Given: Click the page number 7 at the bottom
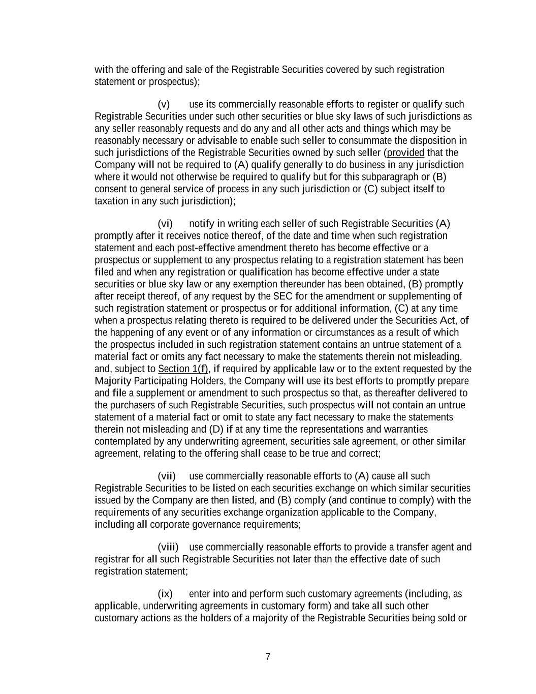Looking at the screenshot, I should click(x=268, y=656).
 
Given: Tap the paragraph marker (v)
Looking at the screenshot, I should click(x=164, y=104).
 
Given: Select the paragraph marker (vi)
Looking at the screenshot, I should click(x=165, y=224).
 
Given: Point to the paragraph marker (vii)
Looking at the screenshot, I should click(x=167, y=476).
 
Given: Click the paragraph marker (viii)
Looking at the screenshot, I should click(x=168, y=547).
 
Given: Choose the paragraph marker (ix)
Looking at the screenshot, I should click(x=165, y=594).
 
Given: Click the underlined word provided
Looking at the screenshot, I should click(x=405, y=153).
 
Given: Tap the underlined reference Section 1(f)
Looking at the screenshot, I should click(x=183, y=369).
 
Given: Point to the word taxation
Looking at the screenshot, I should click(x=111, y=201).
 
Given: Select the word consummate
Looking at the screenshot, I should click(x=365, y=140).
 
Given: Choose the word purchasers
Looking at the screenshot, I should click(x=132, y=405).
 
